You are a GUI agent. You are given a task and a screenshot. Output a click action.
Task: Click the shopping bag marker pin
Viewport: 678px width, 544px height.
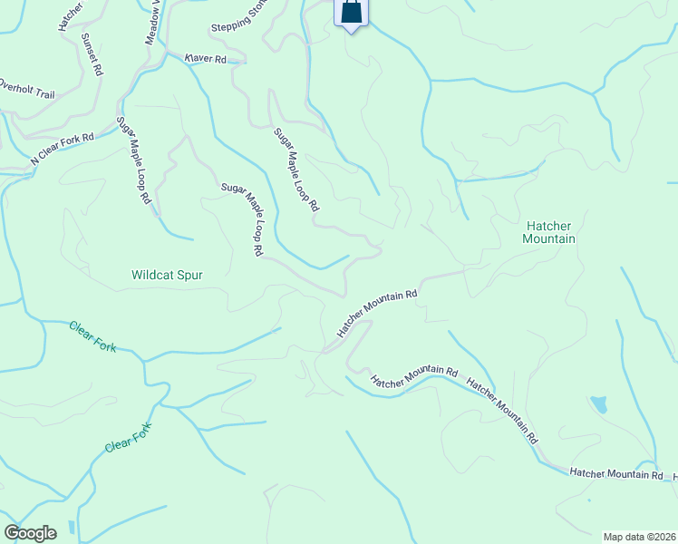(x=351, y=13)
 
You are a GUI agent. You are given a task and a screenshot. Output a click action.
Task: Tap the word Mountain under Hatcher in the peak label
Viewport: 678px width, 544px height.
(x=550, y=239)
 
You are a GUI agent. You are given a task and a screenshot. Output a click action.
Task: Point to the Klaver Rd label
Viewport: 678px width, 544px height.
(x=205, y=58)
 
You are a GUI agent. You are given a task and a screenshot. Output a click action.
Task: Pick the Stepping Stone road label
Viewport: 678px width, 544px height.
(x=237, y=28)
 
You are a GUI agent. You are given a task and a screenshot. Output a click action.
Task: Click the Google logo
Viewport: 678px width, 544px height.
(x=30, y=533)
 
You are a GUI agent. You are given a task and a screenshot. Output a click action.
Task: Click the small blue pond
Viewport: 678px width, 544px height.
(x=597, y=404)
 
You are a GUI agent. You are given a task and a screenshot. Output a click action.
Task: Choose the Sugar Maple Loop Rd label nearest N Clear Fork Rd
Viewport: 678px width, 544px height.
(x=132, y=160)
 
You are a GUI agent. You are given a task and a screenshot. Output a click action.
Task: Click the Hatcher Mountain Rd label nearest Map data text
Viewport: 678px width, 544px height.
(x=617, y=474)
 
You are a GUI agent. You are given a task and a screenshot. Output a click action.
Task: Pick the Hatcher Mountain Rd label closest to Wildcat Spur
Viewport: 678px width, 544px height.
(x=377, y=314)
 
